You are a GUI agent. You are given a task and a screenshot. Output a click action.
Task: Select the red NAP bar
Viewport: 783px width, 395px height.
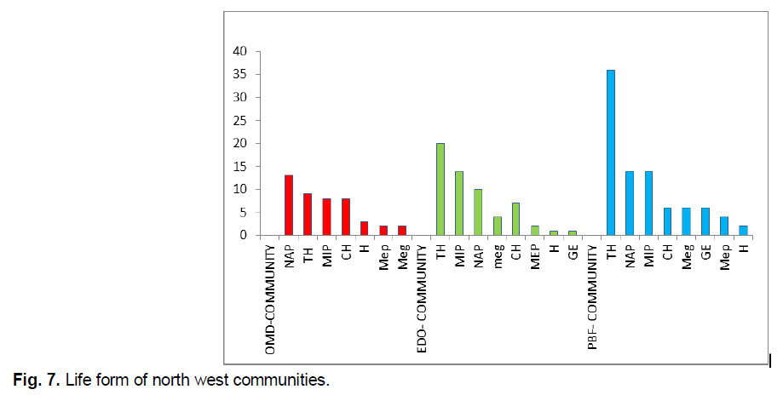288,205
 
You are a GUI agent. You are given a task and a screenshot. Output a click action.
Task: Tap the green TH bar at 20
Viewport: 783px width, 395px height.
440,189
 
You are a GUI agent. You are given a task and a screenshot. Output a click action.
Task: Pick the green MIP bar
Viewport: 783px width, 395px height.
458,203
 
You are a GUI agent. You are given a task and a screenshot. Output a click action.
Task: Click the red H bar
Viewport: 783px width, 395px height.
364,228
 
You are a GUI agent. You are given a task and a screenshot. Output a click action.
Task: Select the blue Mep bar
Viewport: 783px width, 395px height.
723,226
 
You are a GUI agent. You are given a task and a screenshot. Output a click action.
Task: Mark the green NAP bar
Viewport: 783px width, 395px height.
477,212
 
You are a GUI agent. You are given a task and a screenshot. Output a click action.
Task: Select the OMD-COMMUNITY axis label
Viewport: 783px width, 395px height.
270,298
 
